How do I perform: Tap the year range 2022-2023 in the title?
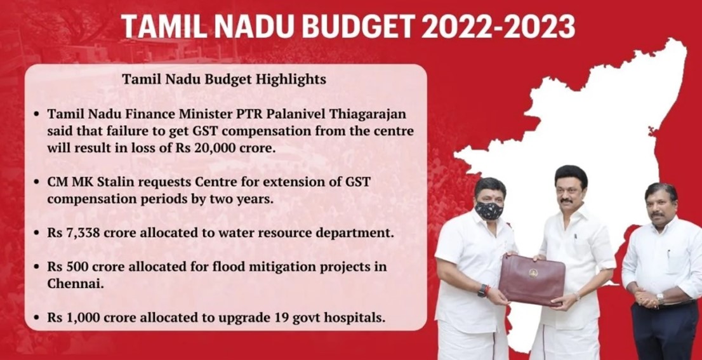pyautogui.click(x=498, y=27)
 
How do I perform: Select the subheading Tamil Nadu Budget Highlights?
pyautogui.click(x=224, y=79)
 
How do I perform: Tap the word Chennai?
pyautogui.click(x=75, y=284)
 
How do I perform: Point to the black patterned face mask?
pyautogui.click(x=489, y=210)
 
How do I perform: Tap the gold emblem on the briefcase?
pyautogui.click(x=533, y=272)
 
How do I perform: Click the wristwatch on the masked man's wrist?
pyautogui.click(x=483, y=291)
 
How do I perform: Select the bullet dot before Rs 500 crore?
pyautogui.click(x=37, y=267)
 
